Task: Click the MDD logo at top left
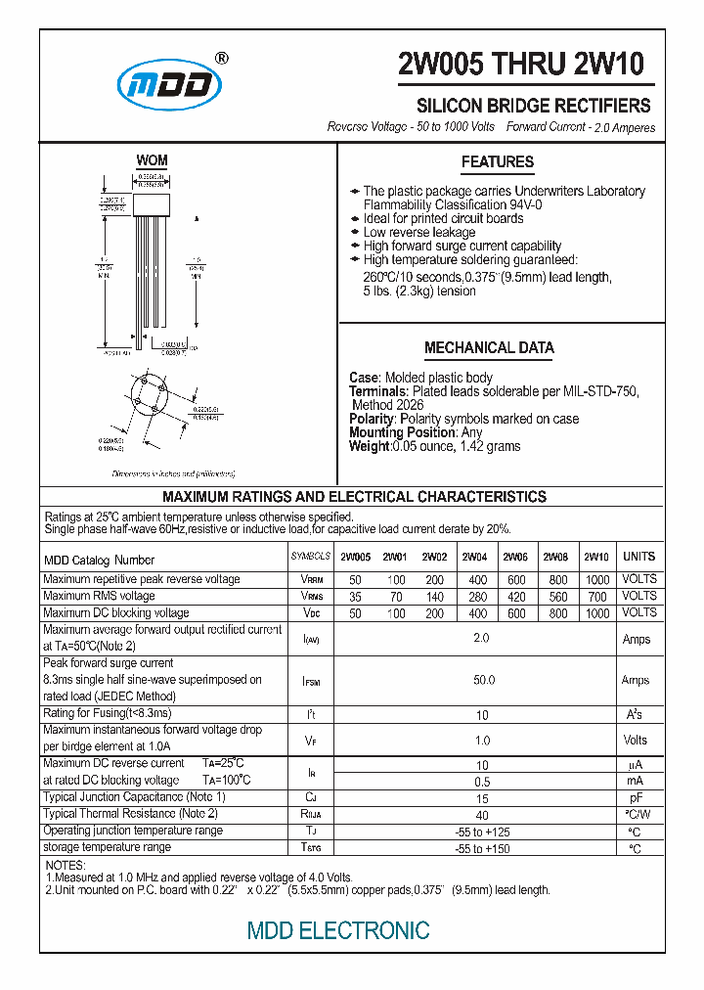point(169,86)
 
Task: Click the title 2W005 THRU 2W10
point(521,65)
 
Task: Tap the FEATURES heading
point(498,162)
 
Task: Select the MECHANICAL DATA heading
point(489,347)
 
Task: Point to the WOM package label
point(152,160)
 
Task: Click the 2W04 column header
point(475,558)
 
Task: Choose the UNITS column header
point(639,557)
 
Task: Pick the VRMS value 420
point(515,596)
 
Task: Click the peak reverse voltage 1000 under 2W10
point(596,579)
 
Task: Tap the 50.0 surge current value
point(483,680)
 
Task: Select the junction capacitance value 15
point(482,799)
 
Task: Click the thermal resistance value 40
point(482,815)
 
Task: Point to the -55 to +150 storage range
point(482,848)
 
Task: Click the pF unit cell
point(636,798)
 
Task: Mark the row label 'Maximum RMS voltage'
point(99,596)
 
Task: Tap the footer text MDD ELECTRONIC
point(338,930)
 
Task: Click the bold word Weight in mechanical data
point(369,446)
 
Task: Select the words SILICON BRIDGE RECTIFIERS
point(534,106)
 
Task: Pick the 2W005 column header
point(355,558)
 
